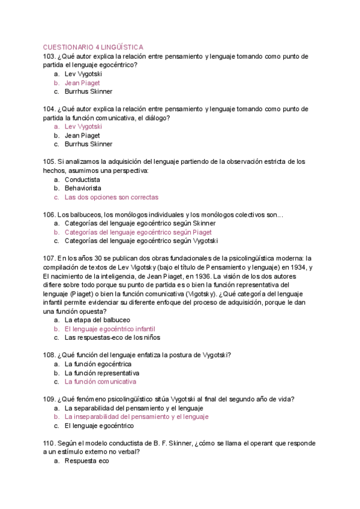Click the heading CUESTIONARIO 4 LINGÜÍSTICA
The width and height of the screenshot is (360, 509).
click(x=93, y=47)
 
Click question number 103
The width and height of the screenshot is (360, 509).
click(x=50, y=56)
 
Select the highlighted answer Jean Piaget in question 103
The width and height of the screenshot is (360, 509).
click(x=82, y=83)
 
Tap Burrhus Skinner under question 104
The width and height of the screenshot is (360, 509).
click(x=88, y=144)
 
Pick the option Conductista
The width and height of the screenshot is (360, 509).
click(x=82, y=179)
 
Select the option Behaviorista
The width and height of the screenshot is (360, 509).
click(x=83, y=188)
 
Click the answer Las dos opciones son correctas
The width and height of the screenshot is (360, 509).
click(x=112, y=197)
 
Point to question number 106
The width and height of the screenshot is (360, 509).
click(x=50, y=214)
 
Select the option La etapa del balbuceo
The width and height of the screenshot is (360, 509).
click(x=97, y=320)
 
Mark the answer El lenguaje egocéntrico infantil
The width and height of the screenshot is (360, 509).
click(x=110, y=329)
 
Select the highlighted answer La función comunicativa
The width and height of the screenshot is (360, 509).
click(x=100, y=381)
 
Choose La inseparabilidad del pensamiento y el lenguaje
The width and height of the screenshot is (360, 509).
click(x=136, y=417)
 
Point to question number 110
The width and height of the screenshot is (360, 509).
click(x=50, y=443)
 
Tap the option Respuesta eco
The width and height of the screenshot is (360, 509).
click(x=87, y=461)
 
